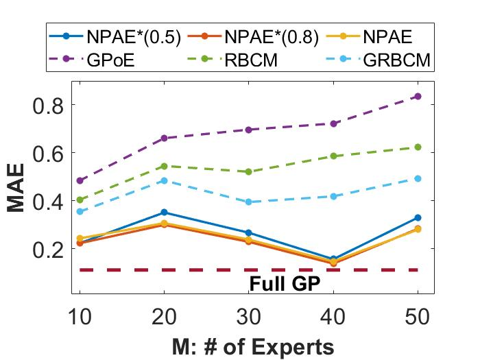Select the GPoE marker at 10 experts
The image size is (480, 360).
tap(80, 180)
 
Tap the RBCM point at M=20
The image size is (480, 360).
tap(165, 166)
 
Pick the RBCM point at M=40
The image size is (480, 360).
tap(333, 156)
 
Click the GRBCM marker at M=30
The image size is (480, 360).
tap(249, 202)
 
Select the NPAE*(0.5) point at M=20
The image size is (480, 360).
tap(165, 213)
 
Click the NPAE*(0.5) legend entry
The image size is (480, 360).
tap(134, 38)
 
